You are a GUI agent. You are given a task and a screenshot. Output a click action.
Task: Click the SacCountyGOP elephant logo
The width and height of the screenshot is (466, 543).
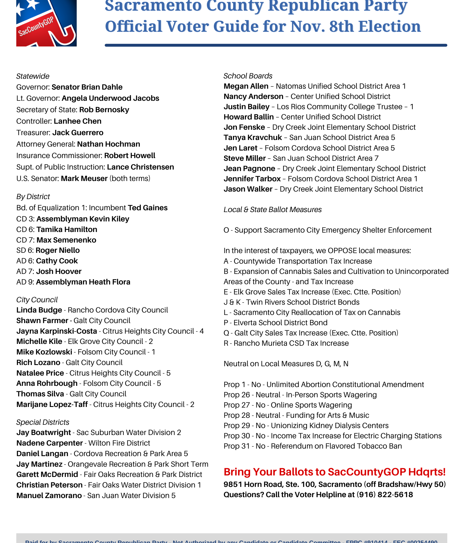click(46, 23)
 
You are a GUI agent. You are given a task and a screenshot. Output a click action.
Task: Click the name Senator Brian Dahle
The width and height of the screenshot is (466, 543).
click(87, 87)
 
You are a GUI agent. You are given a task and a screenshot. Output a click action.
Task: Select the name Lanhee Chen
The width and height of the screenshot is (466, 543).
click(78, 121)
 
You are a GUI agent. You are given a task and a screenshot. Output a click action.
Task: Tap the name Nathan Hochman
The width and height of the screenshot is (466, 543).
click(109, 144)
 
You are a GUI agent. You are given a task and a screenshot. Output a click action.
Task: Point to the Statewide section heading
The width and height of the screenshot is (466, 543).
click(33, 76)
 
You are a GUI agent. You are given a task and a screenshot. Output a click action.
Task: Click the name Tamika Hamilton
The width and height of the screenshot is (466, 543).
click(67, 230)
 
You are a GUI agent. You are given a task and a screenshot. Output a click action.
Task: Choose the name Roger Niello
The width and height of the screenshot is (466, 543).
click(58, 250)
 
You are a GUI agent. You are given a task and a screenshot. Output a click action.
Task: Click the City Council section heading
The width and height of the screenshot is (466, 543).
click(37, 300)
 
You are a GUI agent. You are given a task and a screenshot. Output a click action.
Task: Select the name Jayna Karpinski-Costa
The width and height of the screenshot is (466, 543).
click(57, 331)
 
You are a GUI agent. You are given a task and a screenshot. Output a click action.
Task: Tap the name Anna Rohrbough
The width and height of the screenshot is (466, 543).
click(47, 383)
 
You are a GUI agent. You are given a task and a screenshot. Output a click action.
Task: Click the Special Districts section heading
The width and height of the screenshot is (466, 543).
click(43, 422)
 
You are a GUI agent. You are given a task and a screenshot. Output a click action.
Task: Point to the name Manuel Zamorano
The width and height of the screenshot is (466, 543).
click(49, 496)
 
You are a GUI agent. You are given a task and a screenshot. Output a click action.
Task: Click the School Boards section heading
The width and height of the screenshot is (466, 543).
click(248, 76)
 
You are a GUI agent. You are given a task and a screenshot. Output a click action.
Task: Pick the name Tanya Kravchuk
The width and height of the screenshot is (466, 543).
click(253, 138)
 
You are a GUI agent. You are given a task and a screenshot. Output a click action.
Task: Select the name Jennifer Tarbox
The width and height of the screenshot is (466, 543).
click(252, 179)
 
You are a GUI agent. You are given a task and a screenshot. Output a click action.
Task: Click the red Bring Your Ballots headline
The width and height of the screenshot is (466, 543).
click(334, 472)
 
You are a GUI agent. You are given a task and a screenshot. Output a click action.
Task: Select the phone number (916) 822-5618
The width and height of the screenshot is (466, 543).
click(385, 495)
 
